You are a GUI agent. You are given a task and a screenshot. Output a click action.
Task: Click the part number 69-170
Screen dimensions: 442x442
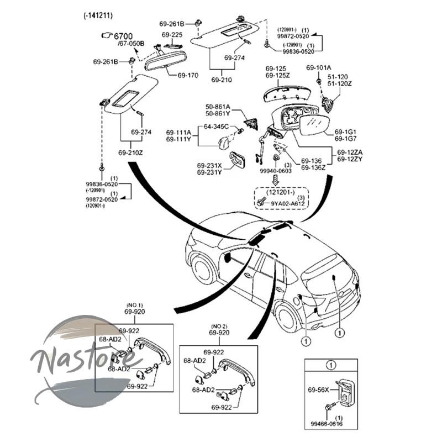(x=188, y=75)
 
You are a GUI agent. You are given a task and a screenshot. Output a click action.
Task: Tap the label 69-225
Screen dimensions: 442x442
(x=172, y=35)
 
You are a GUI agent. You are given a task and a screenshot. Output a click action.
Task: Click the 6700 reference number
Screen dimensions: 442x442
(x=123, y=36)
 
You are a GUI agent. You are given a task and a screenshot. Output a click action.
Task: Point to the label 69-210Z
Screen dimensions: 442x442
(x=130, y=153)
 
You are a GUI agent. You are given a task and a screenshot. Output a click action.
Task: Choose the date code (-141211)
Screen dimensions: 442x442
(x=98, y=15)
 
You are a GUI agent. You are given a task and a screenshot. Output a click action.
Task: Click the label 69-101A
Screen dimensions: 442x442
(x=319, y=67)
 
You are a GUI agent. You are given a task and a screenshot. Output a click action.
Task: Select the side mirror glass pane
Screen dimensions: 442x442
(x=313, y=125)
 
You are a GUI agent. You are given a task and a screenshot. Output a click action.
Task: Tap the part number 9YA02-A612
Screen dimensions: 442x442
(x=288, y=203)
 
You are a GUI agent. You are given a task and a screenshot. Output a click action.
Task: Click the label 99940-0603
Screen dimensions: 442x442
(x=276, y=171)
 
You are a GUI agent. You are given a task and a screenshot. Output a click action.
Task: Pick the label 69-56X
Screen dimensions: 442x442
(x=318, y=390)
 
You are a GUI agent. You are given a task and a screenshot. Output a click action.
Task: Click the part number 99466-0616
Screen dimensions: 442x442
(x=327, y=424)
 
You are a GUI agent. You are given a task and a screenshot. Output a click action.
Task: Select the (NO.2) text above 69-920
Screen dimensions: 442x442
(x=219, y=327)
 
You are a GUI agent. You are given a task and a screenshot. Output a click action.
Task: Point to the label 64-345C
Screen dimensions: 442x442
(x=216, y=127)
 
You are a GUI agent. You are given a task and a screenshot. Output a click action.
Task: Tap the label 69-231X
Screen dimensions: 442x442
(x=209, y=165)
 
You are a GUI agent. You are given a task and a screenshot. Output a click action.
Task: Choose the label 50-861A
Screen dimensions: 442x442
(x=218, y=107)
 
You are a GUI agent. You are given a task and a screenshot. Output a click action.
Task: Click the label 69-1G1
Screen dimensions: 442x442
(x=345, y=131)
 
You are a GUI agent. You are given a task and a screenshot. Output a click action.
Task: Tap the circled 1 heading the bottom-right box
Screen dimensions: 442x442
(x=330, y=365)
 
